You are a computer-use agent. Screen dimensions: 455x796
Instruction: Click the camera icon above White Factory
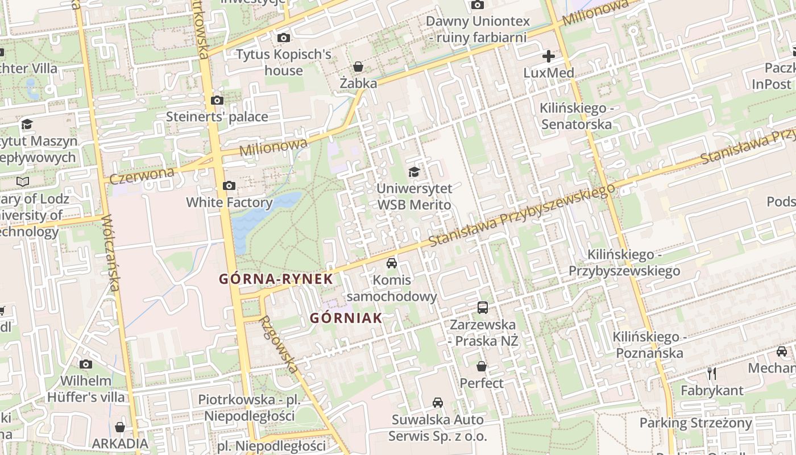point(229,186)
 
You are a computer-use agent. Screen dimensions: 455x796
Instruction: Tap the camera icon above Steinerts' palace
point(217,101)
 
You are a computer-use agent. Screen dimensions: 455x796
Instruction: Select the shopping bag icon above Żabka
point(358,67)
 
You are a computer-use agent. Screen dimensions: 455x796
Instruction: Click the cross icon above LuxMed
point(549,56)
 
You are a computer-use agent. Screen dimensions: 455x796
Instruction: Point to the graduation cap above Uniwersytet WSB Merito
point(414,172)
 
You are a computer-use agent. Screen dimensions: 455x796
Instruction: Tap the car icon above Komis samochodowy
point(392,263)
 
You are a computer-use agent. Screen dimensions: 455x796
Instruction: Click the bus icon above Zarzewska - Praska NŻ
point(483,308)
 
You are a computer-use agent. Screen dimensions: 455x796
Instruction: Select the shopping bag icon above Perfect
point(482,366)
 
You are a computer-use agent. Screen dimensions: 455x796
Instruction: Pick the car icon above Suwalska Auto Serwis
point(437,403)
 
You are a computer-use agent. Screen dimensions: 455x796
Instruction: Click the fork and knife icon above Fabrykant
point(712,374)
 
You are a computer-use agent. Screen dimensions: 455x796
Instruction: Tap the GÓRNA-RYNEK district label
point(276,279)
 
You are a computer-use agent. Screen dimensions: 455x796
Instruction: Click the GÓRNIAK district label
point(346,318)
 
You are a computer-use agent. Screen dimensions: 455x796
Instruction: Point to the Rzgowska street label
point(279,344)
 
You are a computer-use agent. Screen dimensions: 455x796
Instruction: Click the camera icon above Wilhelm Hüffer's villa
point(86,364)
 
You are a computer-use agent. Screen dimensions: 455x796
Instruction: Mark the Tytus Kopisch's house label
point(283,63)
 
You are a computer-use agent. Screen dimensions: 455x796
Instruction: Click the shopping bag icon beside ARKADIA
point(120,427)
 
